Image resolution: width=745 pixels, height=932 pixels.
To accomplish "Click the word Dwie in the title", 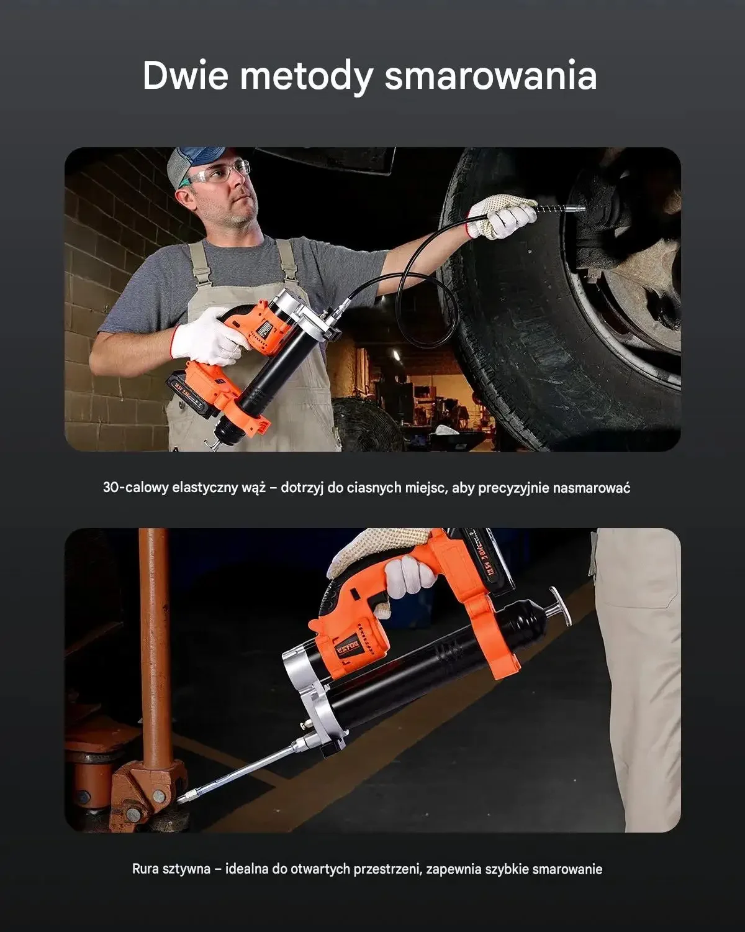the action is coord(185,76).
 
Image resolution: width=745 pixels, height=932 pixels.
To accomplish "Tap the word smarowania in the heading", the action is coord(490,76).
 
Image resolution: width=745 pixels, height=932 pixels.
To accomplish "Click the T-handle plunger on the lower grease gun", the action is coord(558,607).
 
